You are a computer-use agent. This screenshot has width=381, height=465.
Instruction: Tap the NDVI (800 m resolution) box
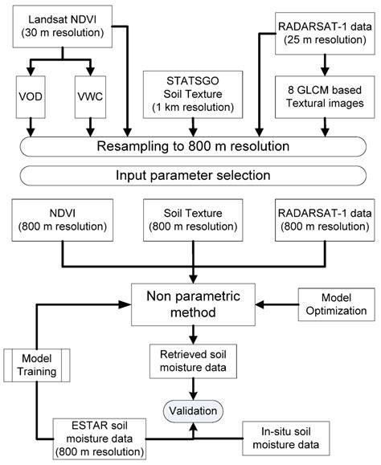click(x=57, y=221)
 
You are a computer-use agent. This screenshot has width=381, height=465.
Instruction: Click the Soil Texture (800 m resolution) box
click(x=190, y=221)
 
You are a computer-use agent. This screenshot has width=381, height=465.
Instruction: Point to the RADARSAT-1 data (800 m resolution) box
click(x=322, y=221)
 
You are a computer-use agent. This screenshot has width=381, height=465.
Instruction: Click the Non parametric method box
click(x=190, y=304)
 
